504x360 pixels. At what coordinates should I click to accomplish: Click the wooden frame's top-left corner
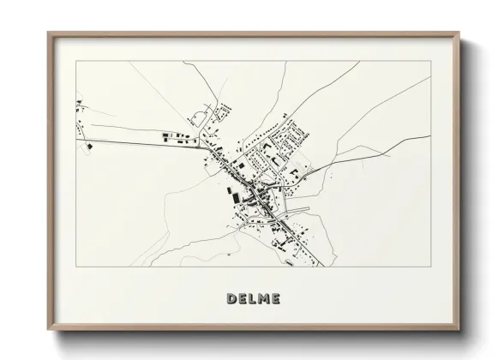tap(48, 33)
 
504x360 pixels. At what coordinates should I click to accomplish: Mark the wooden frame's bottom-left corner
tap(48, 329)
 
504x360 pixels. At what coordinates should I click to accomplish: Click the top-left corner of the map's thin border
tap(76, 61)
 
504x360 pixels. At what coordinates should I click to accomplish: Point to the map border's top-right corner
tap(431, 61)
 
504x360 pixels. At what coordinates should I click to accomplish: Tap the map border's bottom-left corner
tap(76, 267)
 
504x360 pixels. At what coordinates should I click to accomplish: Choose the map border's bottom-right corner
tap(431, 267)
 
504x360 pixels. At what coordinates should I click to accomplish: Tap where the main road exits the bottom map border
tap(321, 267)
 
